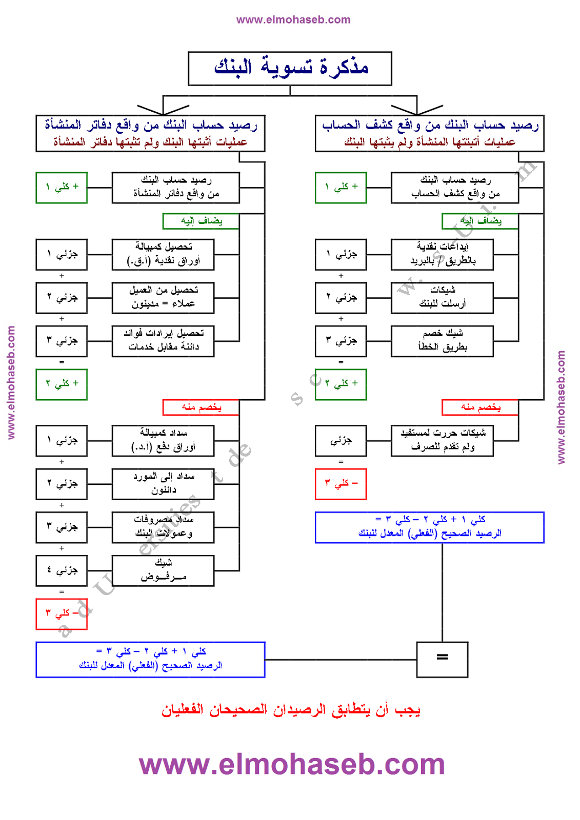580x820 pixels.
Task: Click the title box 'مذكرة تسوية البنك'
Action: [290, 68]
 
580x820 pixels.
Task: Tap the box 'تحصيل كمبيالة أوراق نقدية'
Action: [163, 254]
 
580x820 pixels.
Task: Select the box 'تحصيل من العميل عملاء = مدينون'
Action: [163, 298]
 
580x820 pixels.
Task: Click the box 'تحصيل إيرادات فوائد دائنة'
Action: [163, 341]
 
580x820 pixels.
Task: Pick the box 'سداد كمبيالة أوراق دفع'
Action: [163, 441]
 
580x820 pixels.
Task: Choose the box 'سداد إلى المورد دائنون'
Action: [163, 484]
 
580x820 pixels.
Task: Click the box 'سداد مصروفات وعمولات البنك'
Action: [163, 527]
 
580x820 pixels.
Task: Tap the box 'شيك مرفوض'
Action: [163, 570]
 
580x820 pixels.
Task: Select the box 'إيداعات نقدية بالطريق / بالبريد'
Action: [442, 254]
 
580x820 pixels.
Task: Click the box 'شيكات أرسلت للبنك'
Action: [442, 298]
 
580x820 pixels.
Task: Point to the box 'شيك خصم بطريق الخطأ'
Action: [442, 341]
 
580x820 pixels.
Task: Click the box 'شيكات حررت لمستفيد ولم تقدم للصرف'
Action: [442, 441]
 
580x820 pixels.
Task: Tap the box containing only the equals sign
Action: [442, 659]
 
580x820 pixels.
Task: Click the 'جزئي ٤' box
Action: [62, 570]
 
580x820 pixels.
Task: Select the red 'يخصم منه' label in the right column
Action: [480, 407]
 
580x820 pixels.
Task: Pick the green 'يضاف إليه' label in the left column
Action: [201, 221]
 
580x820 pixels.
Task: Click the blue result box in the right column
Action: [429, 527]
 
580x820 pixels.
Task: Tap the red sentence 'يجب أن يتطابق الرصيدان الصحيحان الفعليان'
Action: [291, 710]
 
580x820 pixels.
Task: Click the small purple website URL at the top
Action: [293, 20]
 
